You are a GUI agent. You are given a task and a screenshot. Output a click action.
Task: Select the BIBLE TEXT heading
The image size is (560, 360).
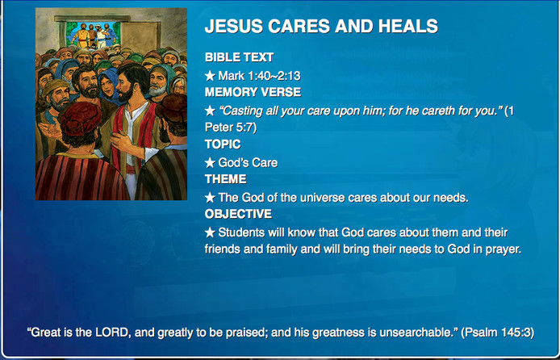tap(239, 57)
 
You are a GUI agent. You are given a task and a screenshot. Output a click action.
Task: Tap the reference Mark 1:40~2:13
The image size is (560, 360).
tap(259, 76)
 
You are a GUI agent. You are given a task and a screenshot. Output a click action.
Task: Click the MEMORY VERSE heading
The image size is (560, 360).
tap(253, 92)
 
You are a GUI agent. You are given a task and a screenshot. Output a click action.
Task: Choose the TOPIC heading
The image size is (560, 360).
tap(223, 144)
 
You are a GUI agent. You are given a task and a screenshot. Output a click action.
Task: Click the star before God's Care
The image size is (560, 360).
tap(210, 163)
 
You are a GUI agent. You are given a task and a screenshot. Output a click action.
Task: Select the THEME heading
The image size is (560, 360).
tap(225, 179)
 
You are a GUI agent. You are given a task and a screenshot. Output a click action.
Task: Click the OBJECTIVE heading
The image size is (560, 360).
tap(238, 214)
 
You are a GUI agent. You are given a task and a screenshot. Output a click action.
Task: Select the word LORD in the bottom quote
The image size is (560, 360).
tap(112, 333)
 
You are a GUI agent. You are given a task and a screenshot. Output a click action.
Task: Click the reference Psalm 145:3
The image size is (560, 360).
tap(498, 333)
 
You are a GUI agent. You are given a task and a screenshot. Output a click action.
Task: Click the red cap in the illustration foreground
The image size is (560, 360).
tap(81, 119)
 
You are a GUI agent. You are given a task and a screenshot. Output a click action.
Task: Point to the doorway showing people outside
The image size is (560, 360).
tap(94, 34)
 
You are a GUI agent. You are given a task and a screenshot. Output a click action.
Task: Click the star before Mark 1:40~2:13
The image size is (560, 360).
tap(210, 76)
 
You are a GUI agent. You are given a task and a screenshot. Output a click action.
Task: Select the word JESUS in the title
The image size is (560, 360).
tap(232, 26)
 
